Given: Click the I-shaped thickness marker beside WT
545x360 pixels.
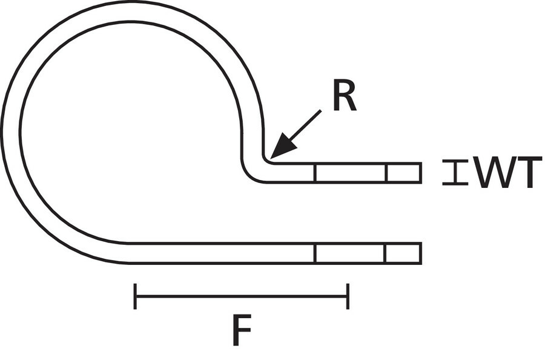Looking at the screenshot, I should (x=455, y=172).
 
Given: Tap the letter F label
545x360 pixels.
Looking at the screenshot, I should (x=241, y=331).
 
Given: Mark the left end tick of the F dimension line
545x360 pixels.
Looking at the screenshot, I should (x=135, y=296).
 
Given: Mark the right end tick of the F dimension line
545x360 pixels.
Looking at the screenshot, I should (x=348, y=296).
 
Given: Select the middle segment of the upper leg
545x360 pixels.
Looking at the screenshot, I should (x=351, y=173).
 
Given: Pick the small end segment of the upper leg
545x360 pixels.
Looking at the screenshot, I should (x=403, y=173).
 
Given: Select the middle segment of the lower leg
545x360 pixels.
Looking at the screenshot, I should (x=349, y=253).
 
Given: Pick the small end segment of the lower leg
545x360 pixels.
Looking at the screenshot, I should (x=403, y=253).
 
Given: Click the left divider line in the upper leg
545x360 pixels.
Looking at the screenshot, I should (x=315, y=173).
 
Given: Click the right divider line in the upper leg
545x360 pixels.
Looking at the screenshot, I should (x=386, y=173).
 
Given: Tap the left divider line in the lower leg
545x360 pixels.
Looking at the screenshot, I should (x=315, y=253).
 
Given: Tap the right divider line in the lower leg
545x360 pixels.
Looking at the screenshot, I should (x=385, y=253).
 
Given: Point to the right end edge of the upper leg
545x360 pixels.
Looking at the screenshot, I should (x=420, y=173).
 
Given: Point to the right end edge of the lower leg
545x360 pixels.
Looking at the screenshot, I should (x=420, y=253).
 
